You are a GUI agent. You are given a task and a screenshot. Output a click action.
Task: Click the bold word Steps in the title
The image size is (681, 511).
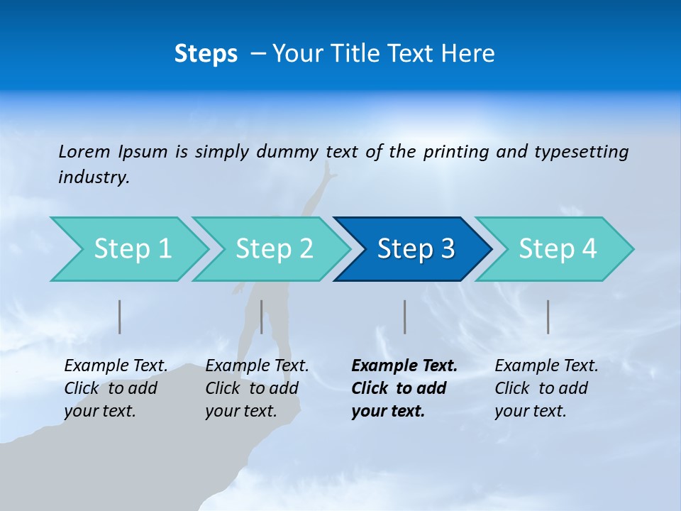(x=206, y=54)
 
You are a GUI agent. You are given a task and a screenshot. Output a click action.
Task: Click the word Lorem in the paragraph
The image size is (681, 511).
(x=84, y=151)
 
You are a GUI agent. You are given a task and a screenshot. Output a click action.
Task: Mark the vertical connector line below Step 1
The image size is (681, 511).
(x=119, y=317)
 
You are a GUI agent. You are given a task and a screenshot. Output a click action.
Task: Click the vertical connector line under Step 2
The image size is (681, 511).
(x=262, y=317)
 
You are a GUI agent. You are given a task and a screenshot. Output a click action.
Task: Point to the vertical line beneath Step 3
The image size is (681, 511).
(x=404, y=317)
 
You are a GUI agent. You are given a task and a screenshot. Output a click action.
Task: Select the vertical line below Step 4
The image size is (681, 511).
(x=548, y=317)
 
